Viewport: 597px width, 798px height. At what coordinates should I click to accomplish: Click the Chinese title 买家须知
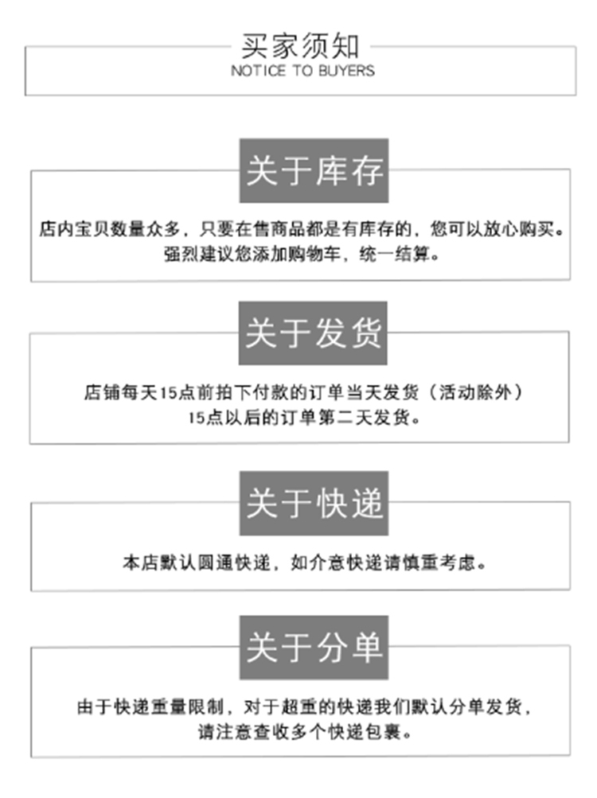tap(300, 45)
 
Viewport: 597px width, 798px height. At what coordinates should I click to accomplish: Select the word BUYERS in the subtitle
tap(347, 71)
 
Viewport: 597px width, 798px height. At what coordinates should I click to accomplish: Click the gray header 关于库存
tap(314, 171)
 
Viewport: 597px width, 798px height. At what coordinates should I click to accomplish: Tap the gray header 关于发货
tap(314, 333)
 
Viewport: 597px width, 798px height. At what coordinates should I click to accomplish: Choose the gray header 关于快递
tap(314, 503)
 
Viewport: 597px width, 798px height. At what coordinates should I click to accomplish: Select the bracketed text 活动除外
tap(486, 392)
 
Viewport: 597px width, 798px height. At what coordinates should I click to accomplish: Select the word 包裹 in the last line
tap(389, 731)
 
